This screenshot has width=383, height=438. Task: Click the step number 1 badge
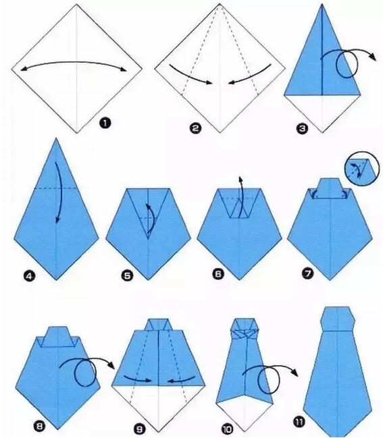[x=105, y=123]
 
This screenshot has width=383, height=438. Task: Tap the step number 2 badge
[x=195, y=128]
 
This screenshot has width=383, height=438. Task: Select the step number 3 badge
[x=302, y=128]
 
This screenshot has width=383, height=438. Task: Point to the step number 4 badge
[x=30, y=276]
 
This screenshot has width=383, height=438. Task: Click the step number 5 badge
[x=127, y=276]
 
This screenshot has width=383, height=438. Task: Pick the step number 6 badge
[x=218, y=274]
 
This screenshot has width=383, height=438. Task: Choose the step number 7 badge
[x=308, y=273]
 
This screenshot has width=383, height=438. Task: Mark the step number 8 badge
[x=39, y=427]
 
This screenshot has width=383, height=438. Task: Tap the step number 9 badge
[x=140, y=429]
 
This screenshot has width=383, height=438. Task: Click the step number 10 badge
[x=227, y=429]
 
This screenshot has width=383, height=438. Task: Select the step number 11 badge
[x=299, y=422]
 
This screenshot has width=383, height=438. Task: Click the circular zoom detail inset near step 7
[x=362, y=169]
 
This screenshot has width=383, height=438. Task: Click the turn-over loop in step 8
[x=85, y=373]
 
